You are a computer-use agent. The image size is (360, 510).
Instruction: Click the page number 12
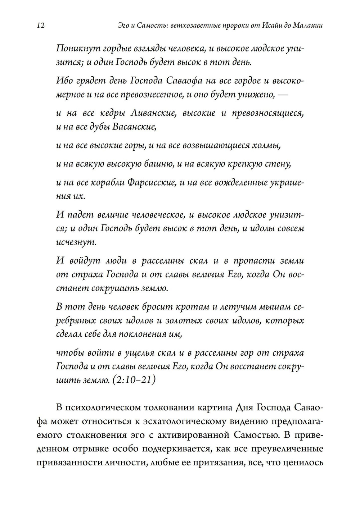pyautogui.click(x=40, y=26)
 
